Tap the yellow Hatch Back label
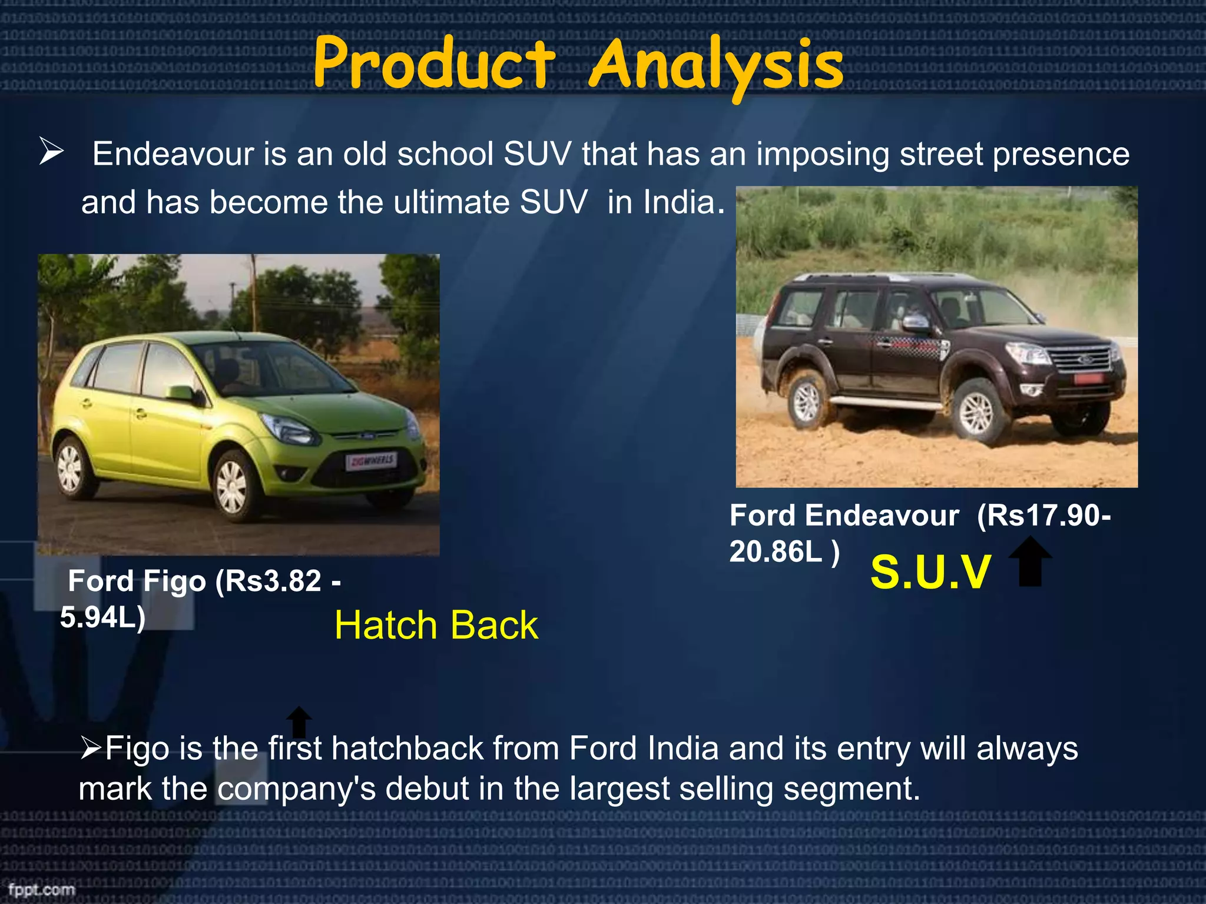coord(436,625)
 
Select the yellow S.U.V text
coord(930,572)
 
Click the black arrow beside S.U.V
coord(1030,561)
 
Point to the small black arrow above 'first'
coord(299,722)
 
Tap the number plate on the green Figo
coord(371,461)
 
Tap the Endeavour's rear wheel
coord(808,403)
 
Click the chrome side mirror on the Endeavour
coord(915,322)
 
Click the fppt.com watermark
coord(41,889)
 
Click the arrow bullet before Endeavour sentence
coord(51,151)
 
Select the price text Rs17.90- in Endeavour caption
coord(1043,516)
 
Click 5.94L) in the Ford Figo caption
coord(102,617)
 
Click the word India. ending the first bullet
coord(683,202)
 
